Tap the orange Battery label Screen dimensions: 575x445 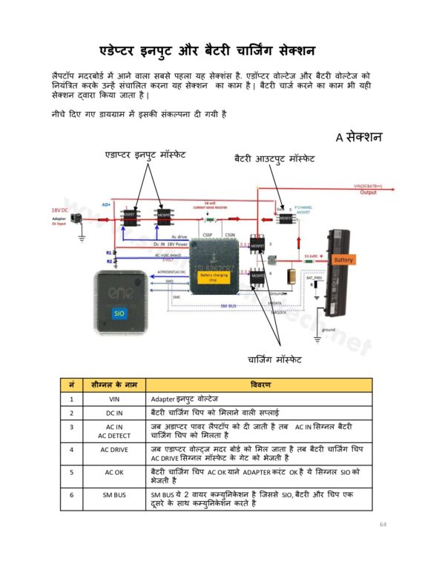point(343,260)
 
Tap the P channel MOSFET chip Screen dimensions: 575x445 point(285,218)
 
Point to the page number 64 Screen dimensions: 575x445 point(383,525)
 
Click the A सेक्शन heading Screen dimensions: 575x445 point(358,137)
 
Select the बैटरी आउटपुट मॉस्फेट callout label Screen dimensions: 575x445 point(274,159)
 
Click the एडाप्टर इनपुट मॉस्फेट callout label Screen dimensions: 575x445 point(145,155)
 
